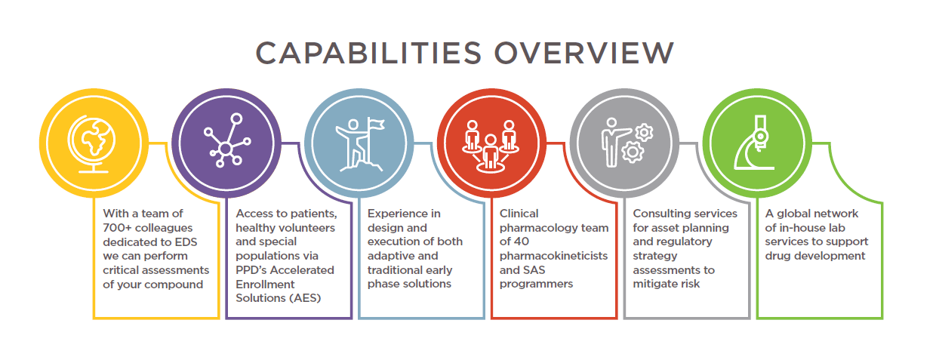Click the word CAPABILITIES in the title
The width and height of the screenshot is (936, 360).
coord(368,53)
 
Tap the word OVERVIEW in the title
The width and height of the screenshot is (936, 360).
coord(584,53)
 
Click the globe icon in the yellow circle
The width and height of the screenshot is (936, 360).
coord(93,143)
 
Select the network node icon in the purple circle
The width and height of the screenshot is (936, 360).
coord(227,140)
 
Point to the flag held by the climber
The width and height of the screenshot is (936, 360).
coord(376,124)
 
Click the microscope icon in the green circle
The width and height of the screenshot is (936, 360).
coord(754,143)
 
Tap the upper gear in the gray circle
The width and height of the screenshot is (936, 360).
coord(644,133)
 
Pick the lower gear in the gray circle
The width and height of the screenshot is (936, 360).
coord(633,152)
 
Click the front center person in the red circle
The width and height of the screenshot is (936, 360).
coord(491,154)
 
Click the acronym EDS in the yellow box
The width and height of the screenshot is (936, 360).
coord(186,242)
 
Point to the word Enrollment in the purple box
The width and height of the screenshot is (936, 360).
coord(265,285)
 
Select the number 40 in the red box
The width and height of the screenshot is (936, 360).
coord(522,242)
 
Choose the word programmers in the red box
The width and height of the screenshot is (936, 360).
coord(536,285)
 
